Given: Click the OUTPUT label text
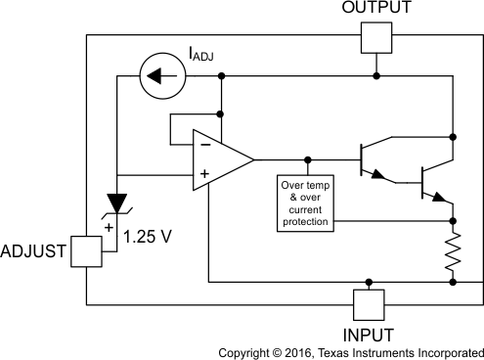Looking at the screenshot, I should click(376, 9).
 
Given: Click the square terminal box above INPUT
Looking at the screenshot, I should click(368, 304).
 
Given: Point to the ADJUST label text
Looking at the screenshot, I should click(32, 250).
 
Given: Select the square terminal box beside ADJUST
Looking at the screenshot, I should click(86, 251).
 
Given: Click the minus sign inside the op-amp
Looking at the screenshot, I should click(205, 143).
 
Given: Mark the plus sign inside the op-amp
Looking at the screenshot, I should click(205, 175).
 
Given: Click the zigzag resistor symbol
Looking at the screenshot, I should click(453, 250).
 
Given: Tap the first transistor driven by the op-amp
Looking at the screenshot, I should click(369, 158).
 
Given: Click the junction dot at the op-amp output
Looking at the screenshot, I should click(309, 158).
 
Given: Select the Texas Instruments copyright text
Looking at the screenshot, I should click(350, 351).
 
